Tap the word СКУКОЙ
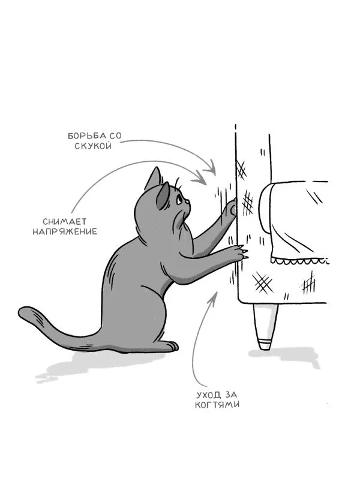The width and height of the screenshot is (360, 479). [93, 146]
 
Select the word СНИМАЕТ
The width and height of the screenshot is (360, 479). [65, 221]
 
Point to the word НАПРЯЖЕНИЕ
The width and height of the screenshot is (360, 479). [65, 231]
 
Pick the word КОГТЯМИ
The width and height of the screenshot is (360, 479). [217, 405]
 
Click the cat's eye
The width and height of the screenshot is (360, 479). [179, 200]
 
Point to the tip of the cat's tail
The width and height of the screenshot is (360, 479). [22, 312]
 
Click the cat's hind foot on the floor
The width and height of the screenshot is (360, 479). [170, 347]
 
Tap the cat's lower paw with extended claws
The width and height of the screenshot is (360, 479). [239, 253]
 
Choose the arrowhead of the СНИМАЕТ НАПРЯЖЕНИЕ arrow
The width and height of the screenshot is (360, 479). [201, 179]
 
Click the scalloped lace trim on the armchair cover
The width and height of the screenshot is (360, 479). [299, 261]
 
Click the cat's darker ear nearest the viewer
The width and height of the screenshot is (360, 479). [163, 196]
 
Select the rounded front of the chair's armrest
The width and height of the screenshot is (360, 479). [265, 208]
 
